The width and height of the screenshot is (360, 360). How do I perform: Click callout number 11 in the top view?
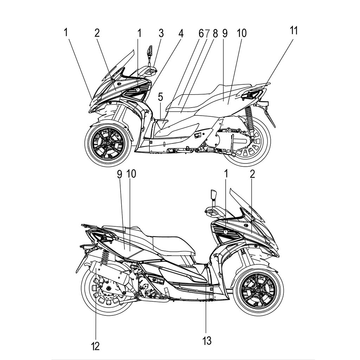294,31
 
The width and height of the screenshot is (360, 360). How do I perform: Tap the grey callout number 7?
208,33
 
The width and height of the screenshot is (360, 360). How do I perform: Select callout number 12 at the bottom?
95,346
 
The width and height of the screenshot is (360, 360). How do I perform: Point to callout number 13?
207,340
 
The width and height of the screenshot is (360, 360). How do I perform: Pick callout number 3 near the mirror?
161,33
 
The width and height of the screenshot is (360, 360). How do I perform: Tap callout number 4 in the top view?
181,33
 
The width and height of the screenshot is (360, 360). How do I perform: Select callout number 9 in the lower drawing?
119,174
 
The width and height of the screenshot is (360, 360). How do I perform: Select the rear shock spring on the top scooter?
249,117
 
